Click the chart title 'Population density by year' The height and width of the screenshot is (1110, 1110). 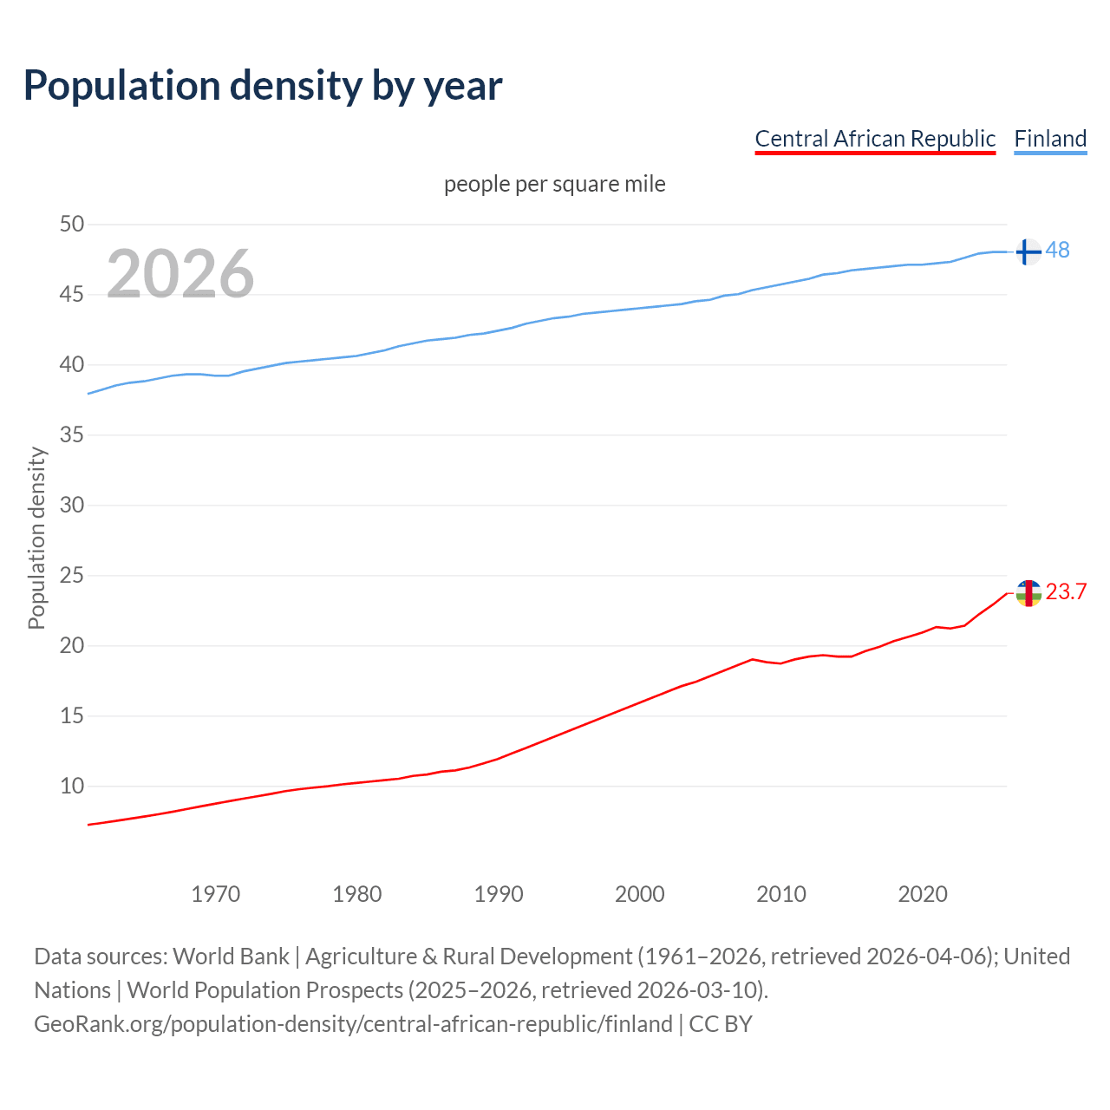coord(263,85)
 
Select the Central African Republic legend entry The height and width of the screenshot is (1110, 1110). coord(875,139)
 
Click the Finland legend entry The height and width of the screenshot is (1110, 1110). coord(1050,139)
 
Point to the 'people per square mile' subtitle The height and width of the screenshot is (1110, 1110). coord(554,184)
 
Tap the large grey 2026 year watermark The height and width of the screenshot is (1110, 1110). coord(180,274)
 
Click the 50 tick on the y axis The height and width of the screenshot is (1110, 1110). coord(72,224)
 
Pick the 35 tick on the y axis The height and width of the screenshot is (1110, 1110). coord(72,434)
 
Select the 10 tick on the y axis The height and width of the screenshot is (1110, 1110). coord(72,787)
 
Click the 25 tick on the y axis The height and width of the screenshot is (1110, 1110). coord(72,575)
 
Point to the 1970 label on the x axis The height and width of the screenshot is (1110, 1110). coord(216,894)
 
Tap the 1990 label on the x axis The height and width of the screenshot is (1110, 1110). coord(499,894)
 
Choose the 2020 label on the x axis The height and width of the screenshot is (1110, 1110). coord(923,894)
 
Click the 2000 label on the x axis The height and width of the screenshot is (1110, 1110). coord(640,894)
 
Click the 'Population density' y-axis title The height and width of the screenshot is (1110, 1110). coord(36,538)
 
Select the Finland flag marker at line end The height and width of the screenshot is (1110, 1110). coord(1028,251)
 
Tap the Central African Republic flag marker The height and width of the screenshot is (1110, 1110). coord(1028,593)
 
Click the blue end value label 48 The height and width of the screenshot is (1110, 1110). coord(1058,250)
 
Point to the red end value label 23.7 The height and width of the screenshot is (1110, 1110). coord(1066,591)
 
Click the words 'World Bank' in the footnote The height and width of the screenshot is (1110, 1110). coord(231,957)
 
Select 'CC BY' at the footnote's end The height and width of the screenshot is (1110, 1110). coord(721,1024)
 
